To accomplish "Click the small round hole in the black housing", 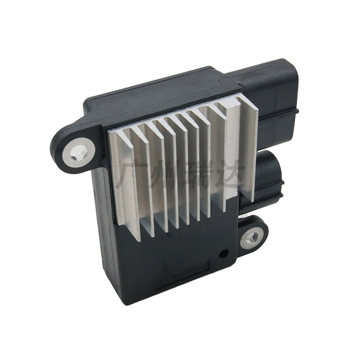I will pyautogui.click(x=221, y=254).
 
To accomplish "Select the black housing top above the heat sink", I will pyautogui.click(x=157, y=97).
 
